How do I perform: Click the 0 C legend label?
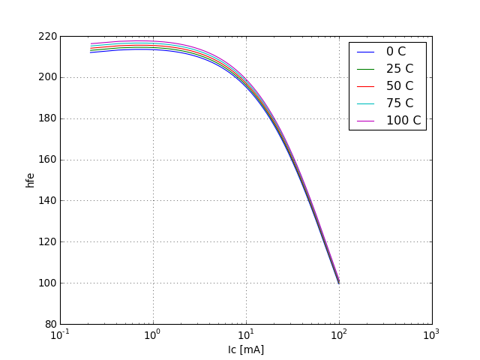tap(396, 52)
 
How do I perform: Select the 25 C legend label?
tap(399, 69)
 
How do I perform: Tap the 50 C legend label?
tap(399, 86)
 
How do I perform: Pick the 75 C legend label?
tap(399, 103)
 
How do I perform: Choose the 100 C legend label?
tap(403, 121)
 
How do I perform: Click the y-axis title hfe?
tap(30, 180)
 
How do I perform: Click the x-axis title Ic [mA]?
tap(246, 349)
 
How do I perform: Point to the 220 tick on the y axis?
tap(47, 36)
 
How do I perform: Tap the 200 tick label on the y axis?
tap(47, 77)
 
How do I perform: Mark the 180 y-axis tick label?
tap(47, 118)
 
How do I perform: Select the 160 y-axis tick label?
tap(47, 160)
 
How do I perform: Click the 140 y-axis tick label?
tap(47, 201)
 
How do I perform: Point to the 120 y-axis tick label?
tap(47, 242)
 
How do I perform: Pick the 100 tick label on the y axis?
tap(47, 283)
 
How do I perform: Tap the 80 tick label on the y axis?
tap(50, 325)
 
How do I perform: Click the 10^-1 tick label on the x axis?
tap(60, 334)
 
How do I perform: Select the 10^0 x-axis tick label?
tap(153, 334)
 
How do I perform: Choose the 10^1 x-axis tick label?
tap(246, 334)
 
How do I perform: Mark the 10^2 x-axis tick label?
tap(339, 334)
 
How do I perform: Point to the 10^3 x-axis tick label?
tap(432, 334)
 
